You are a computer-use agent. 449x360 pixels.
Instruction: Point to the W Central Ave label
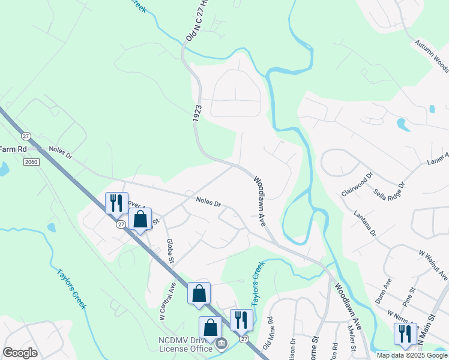click(163, 304)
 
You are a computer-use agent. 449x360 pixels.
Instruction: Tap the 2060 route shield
click(32, 162)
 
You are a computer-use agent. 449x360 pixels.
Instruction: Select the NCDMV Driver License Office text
click(185, 344)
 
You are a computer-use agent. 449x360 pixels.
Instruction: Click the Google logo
click(20, 353)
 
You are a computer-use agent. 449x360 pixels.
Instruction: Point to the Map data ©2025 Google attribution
click(411, 355)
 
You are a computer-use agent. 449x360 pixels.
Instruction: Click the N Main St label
click(430, 324)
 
